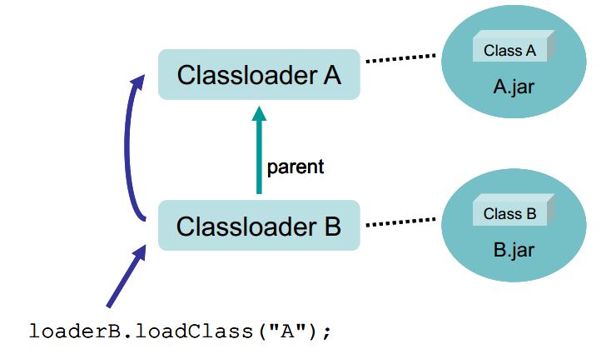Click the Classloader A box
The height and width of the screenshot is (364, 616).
pos(259,74)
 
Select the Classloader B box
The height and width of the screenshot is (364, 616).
pos(259,225)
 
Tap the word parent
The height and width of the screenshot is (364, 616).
pos(296,167)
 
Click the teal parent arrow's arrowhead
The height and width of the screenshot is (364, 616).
pos(259,113)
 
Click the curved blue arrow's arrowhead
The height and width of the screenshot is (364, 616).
pos(138,82)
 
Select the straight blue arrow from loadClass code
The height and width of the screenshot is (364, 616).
pos(127,276)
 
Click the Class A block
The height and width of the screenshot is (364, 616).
pos(514,46)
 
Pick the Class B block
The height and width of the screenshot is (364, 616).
pos(514,210)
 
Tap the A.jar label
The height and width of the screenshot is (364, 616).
pos(514,87)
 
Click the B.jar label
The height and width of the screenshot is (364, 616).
pos(514,250)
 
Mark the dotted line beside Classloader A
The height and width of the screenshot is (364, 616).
pos(400,58)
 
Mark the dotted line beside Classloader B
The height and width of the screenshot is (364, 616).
pos(400,222)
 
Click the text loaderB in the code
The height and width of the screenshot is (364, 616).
pos(75,331)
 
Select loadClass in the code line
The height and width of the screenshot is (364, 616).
pos(195,331)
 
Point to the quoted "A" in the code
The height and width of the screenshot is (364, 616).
pos(287,331)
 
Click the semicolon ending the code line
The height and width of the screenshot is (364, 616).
pos(326,332)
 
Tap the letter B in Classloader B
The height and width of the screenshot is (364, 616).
pos(332,227)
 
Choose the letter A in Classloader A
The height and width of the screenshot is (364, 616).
pos(332,75)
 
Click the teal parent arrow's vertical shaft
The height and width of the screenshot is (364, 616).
pos(259,157)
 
